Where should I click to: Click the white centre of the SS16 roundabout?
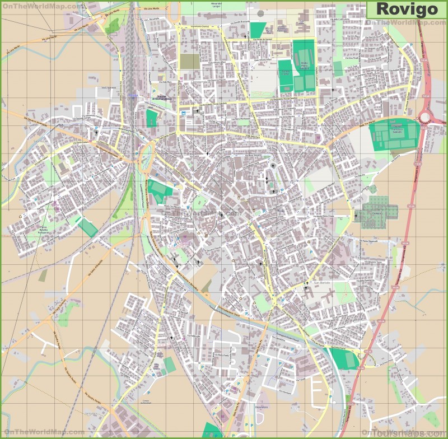[425, 117]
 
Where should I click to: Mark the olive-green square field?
[190, 62]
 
